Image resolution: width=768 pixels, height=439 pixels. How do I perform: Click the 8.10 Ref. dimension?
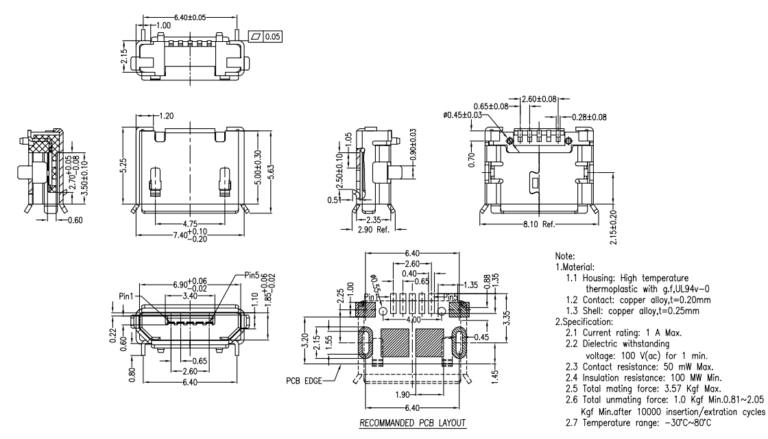pyautogui.click(x=538, y=224)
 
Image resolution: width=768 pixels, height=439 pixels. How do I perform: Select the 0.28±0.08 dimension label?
pyautogui.click(x=588, y=117)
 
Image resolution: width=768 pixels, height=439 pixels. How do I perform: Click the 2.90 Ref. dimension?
pyautogui.click(x=374, y=229)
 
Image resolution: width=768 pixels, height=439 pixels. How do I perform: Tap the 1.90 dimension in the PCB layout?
pyautogui.click(x=403, y=395)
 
